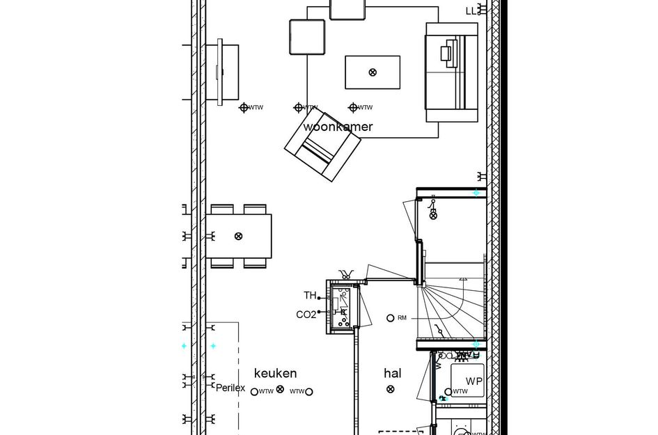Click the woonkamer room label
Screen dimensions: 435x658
338,127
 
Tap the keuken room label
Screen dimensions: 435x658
275,373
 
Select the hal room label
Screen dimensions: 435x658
393,373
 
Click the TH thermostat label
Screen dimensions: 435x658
310,296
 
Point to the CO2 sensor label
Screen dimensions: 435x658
306,315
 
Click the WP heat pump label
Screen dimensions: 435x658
474,381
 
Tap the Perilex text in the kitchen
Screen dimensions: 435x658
230,388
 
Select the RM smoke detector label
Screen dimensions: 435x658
402,319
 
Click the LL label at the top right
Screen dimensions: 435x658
472,10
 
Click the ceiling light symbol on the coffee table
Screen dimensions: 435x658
373,72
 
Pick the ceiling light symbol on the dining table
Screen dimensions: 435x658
238,236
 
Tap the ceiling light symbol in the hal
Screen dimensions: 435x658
393,391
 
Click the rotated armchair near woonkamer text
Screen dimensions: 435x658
322,148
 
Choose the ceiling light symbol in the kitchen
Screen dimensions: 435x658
281,390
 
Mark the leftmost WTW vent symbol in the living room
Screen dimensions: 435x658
244,107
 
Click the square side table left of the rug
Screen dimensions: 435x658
307,37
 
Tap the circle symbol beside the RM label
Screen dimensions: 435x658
391,318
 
